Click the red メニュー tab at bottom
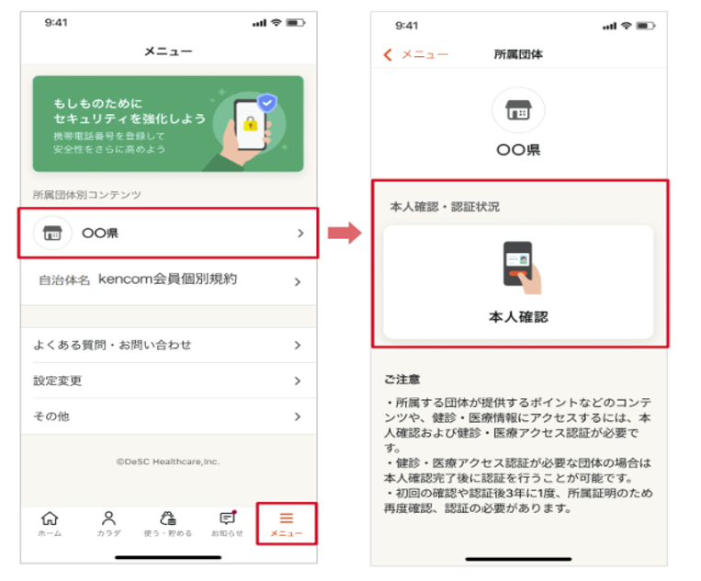pyautogui.click(x=287, y=521)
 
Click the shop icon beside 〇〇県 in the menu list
pyautogui.click(x=52, y=234)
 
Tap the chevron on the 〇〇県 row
pyautogui.click(x=300, y=234)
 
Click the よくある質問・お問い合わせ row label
pyautogui.click(x=112, y=345)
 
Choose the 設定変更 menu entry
pyautogui.click(x=58, y=381)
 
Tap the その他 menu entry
pyautogui.click(x=51, y=416)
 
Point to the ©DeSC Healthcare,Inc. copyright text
pyautogui.click(x=168, y=461)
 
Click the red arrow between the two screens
pyautogui.click(x=344, y=234)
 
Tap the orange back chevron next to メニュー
pyautogui.click(x=388, y=55)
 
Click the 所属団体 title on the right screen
pyautogui.click(x=518, y=55)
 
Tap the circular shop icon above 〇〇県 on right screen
pyautogui.click(x=518, y=110)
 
